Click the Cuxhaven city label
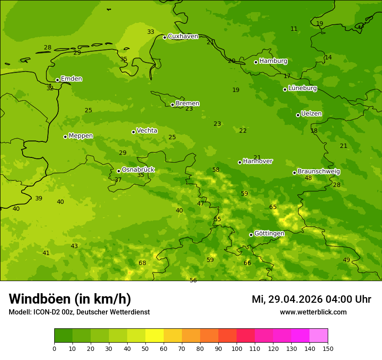pyautogui.click(x=183, y=36)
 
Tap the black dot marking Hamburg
pyautogui.click(x=256, y=62)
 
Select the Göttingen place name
pyautogui.click(x=269, y=234)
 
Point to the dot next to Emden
pyautogui.click(x=57, y=80)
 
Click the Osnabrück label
pyautogui.click(x=138, y=170)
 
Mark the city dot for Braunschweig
pyautogui.click(x=294, y=173)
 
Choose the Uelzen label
pyautogui.click(x=311, y=114)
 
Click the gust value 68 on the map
pyautogui.click(x=142, y=263)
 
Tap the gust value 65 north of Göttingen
pyautogui.click(x=273, y=207)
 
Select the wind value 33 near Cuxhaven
pyautogui.click(x=151, y=32)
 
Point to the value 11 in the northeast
pyautogui.click(x=294, y=29)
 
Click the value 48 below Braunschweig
pyautogui.click(x=308, y=178)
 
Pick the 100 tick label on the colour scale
pyautogui.click(x=237, y=348)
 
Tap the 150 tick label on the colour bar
pyautogui.click(x=328, y=348)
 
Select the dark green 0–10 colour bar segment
pyautogui.click(x=63, y=336)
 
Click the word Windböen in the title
pyautogui.click(x=40, y=299)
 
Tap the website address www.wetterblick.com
pyautogui.click(x=313, y=312)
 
